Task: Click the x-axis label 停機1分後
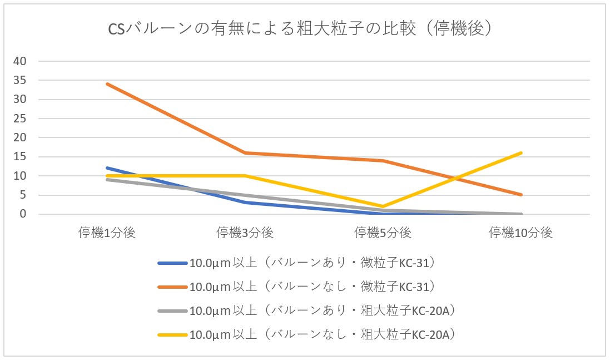107,233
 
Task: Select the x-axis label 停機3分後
245,233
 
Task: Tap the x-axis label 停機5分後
383,233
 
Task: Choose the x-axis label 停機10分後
521,233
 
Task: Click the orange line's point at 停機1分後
107,84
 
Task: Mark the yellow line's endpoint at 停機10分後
521,152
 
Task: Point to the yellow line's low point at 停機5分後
383,206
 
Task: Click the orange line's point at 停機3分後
245,153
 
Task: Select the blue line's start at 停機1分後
107,168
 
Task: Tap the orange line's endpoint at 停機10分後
521,195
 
